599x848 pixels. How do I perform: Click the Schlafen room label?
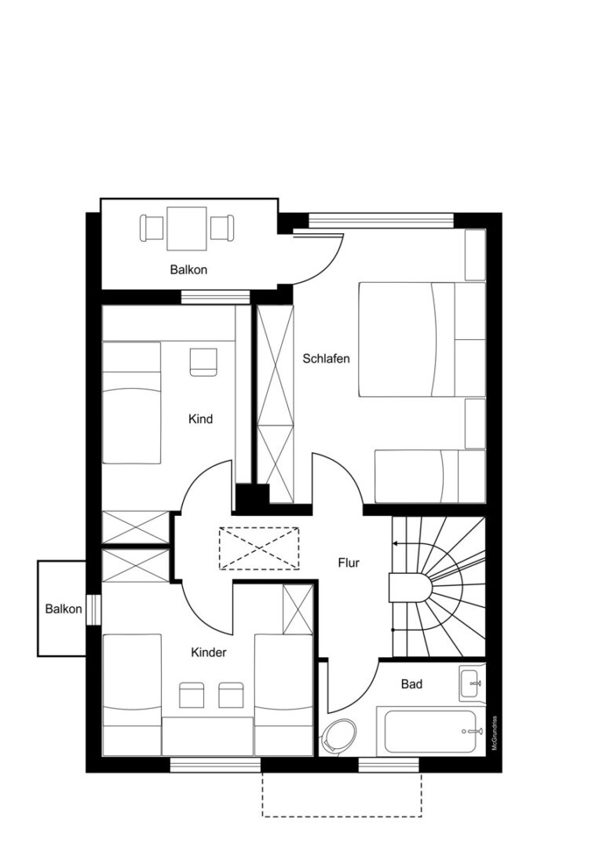point(326,359)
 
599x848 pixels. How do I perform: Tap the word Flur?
point(349,563)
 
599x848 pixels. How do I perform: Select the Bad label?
point(411,684)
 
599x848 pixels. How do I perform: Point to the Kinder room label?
point(209,652)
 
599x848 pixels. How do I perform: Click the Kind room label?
point(200,419)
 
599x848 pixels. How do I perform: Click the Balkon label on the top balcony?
point(188,269)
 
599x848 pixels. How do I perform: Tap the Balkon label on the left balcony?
point(64,609)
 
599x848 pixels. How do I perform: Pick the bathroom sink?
point(472,683)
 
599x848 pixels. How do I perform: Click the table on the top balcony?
point(187,228)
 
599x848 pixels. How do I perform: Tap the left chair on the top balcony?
point(152,228)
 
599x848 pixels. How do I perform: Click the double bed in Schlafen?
point(422,339)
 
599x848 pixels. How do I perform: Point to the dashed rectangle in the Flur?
point(259,548)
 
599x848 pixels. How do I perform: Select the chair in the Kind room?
point(203,362)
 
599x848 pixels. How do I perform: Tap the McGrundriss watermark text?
point(494,733)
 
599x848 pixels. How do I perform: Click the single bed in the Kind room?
point(132,402)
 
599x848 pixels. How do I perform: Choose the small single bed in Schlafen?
point(429,477)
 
